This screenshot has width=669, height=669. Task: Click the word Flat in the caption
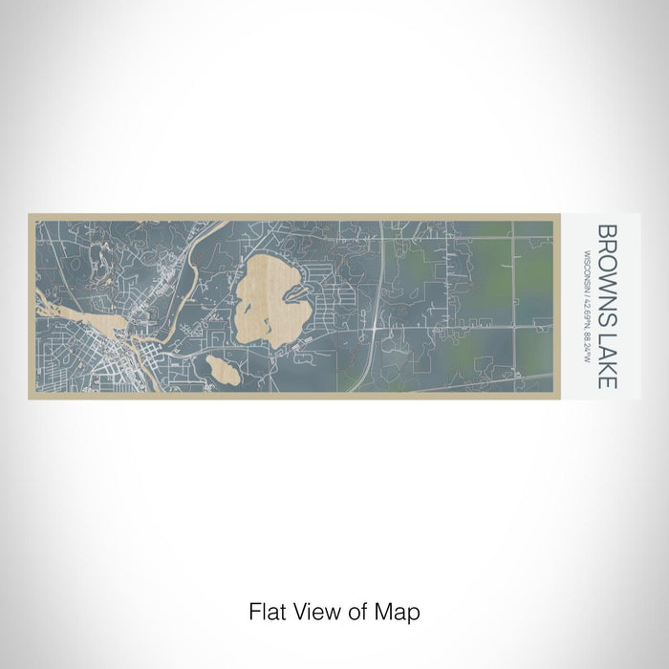(265, 611)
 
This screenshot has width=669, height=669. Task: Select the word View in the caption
(311, 611)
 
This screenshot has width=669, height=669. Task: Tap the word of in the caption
(350, 611)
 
